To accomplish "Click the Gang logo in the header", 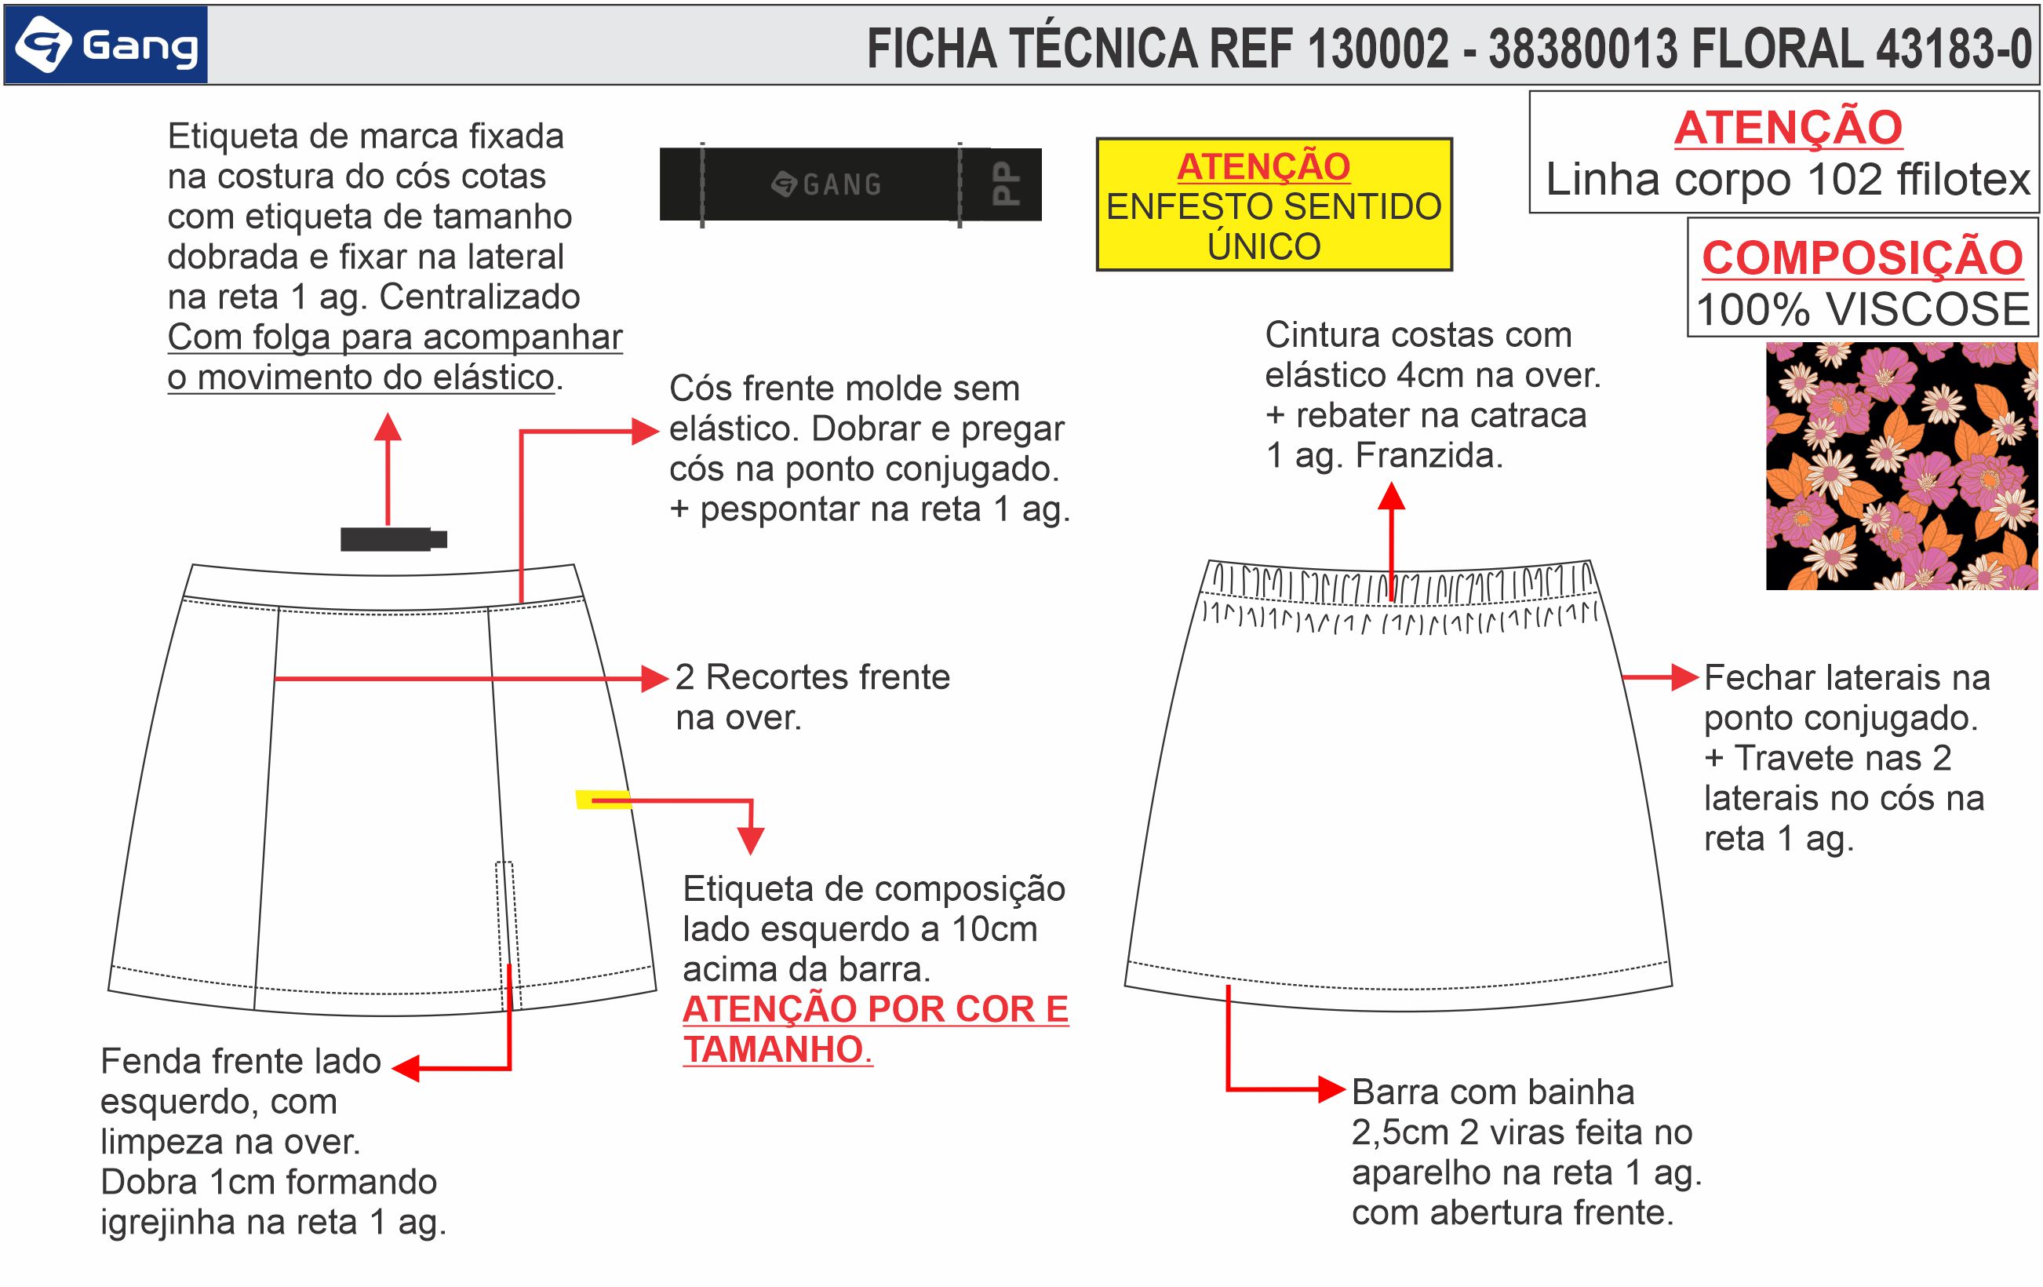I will click(106, 45).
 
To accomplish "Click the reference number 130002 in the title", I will click(1378, 49).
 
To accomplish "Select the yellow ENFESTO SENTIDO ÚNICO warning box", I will click(1273, 206).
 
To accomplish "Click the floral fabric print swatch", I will click(1901, 466).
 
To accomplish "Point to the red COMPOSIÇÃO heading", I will click(1863, 258).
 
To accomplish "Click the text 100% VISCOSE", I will click(1863, 309).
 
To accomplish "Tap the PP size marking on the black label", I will click(1007, 184).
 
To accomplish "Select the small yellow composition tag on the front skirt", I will click(603, 799).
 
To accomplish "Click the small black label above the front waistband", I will click(393, 538).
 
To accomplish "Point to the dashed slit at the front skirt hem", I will click(506, 933).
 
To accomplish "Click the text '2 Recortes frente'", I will click(812, 677).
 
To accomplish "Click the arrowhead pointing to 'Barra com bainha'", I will click(1331, 1089).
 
